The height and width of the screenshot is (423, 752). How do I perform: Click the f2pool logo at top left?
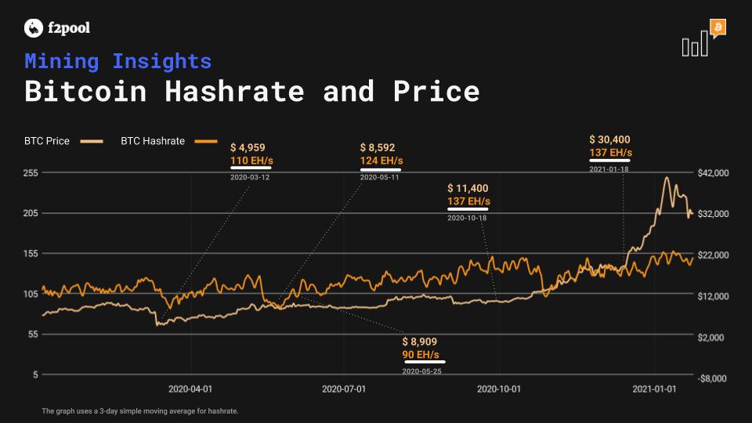tap(57, 28)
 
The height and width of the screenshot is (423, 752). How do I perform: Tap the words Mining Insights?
tap(118, 61)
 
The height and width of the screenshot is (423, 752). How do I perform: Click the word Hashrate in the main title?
tap(234, 91)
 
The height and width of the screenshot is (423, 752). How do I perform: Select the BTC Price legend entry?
tap(63, 141)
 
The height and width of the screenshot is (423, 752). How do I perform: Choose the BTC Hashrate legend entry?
tap(169, 141)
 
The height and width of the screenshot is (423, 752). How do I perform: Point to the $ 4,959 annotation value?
tap(248, 148)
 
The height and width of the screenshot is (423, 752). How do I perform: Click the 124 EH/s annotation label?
tap(381, 161)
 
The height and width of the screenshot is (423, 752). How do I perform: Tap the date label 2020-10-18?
tap(467, 218)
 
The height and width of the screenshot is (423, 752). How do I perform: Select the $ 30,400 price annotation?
tap(609, 139)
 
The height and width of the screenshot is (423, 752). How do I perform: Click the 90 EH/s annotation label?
tap(421, 355)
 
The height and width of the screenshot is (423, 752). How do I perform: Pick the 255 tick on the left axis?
tap(31, 173)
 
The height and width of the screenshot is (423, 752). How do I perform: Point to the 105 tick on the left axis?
tap(31, 294)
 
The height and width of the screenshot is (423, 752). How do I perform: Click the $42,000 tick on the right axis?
tap(713, 173)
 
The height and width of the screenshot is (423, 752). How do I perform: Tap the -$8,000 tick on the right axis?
tap(712, 378)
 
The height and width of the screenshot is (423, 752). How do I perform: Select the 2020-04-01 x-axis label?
tap(190, 389)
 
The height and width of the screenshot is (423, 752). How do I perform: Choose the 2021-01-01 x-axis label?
tap(654, 389)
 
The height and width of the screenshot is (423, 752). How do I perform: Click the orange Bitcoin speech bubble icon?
tap(718, 28)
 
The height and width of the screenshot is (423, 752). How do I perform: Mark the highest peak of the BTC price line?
tap(667, 178)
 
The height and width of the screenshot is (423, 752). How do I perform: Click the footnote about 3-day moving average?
tap(140, 411)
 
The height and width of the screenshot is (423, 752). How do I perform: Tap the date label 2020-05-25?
tap(421, 371)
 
